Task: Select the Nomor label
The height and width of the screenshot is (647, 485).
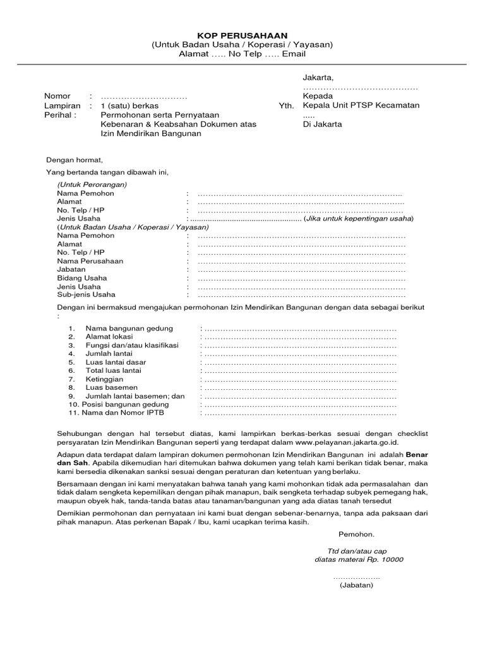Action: click(x=57, y=96)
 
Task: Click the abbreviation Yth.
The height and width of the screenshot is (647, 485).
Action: click(x=286, y=106)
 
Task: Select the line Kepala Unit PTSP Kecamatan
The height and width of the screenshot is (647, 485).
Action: click(x=361, y=106)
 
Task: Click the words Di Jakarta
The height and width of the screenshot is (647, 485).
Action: click(x=322, y=124)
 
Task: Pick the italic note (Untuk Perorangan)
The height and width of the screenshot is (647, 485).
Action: click(x=92, y=184)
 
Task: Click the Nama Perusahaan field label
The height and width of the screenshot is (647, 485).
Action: click(x=90, y=261)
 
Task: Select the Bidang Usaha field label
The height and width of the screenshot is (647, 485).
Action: click(x=82, y=278)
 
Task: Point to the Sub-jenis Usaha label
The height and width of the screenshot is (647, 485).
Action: click(x=86, y=294)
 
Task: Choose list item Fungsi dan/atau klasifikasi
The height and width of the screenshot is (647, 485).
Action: click(x=132, y=346)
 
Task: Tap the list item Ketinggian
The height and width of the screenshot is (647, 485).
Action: click(x=104, y=379)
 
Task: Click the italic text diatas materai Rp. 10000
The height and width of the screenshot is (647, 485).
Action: click(x=359, y=559)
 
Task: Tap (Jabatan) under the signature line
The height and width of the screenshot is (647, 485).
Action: click(x=356, y=585)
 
